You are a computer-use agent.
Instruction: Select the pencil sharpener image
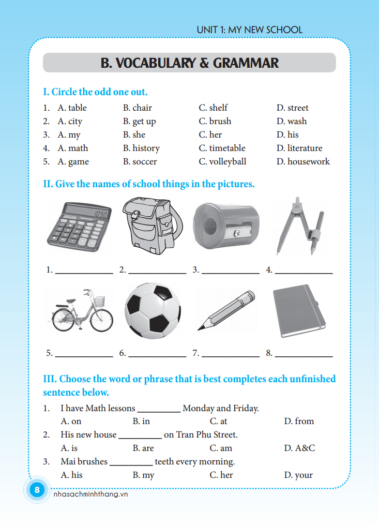[x=226, y=226]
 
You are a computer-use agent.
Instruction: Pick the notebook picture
[x=298, y=311]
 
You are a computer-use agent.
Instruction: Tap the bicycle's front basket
[x=100, y=301]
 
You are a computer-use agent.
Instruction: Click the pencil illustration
[x=226, y=311]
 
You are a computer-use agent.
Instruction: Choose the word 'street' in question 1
[x=298, y=108]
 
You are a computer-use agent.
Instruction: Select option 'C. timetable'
[x=222, y=148]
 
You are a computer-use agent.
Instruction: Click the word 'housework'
[x=308, y=161]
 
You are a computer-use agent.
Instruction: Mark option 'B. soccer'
[x=140, y=161]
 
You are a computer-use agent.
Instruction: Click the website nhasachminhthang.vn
[x=90, y=494]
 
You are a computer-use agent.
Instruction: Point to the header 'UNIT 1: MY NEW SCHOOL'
[x=249, y=30]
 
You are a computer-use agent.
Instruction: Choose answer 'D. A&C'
[x=299, y=448]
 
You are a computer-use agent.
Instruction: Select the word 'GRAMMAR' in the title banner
[x=246, y=63]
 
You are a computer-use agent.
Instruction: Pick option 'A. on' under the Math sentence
[x=71, y=421]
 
